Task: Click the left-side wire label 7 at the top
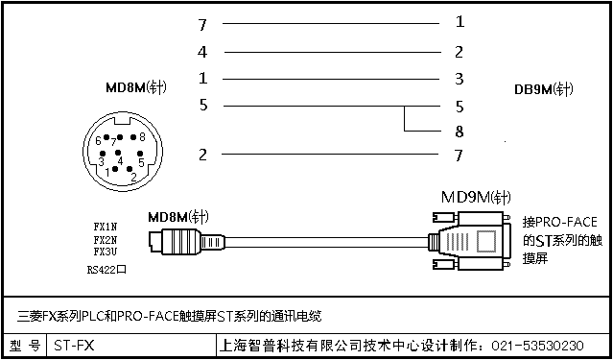pyautogui.click(x=202, y=25)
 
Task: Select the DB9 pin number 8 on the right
pyautogui.click(x=459, y=132)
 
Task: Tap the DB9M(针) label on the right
pyautogui.click(x=543, y=89)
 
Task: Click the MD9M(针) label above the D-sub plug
pyautogui.click(x=476, y=197)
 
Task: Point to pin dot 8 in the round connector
pyautogui.click(x=133, y=137)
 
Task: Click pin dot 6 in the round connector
pyautogui.click(x=106, y=137)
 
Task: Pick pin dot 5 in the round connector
pyautogui.click(x=139, y=154)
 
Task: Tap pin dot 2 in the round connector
pyautogui.click(x=130, y=169)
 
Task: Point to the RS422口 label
pyautogui.click(x=106, y=270)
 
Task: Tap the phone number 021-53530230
pyautogui.click(x=537, y=346)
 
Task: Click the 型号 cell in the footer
pyautogui.click(x=25, y=346)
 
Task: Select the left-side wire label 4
pyautogui.click(x=202, y=52)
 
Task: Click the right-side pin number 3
pyautogui.click(x=460, y=79)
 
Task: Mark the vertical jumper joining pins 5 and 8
pyautogui.click(x=404, y=118)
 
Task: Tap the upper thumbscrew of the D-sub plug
pyautogui.click(x=444, y=217)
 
